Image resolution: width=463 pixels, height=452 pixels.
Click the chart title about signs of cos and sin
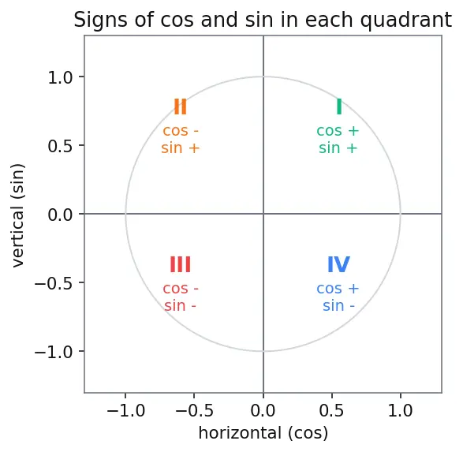coord(263,20)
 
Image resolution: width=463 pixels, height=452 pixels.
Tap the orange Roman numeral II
coord(180,106)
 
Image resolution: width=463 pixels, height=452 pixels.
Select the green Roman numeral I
coord(339,106)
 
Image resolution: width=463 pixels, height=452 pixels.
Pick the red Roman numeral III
coord(180,264)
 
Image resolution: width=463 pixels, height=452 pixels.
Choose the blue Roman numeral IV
coord(338,264)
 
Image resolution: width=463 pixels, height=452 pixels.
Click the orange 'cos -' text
coord(181,131)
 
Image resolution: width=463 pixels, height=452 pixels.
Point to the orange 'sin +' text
coord(181,148)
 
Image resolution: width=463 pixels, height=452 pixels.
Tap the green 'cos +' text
coord(338,131)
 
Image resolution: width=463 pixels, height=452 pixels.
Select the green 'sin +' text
coord(338,148)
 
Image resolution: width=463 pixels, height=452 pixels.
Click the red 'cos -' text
coord(181,289)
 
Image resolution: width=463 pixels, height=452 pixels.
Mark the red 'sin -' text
coord(180,305)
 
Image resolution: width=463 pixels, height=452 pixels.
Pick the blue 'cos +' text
coord(338,289)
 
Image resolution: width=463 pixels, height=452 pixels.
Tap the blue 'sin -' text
coord(338,305)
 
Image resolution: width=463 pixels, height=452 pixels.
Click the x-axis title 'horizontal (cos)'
coord(263,433)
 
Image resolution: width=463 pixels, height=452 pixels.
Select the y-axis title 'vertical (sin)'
coord(17,215)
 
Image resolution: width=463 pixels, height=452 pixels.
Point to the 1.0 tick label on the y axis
coord(60,78)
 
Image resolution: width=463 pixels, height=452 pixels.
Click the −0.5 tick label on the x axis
coord(194,410)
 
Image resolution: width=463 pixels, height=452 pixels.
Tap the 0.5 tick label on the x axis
coord(331,410)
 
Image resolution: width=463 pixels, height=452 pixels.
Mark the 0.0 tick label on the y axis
coord(60,215)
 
